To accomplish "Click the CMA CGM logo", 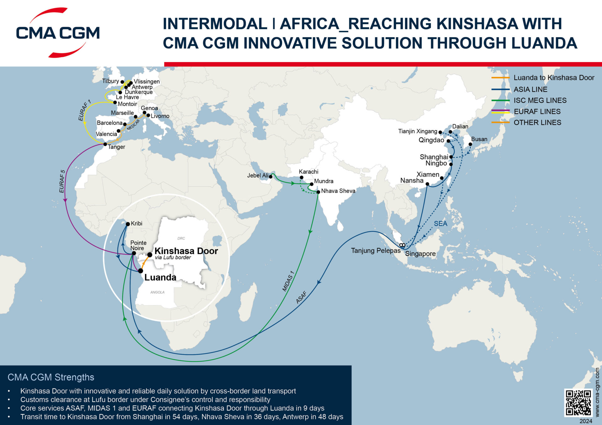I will point(58,33).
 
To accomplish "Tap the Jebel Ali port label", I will point(257,175).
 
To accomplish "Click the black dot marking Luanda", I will point(141,271).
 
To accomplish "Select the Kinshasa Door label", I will point(186,251).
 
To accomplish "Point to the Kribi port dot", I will point(128,224).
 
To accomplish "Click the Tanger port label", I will point(116,147).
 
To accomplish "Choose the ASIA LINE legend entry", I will point(530,90).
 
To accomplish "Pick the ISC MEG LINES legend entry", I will point(540,101).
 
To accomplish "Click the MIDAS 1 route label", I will point(288,281).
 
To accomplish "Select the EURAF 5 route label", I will point(62,181).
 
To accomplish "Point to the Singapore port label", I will point(420,254).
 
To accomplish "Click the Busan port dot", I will point(470,144).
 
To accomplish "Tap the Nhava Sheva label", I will point(338,191).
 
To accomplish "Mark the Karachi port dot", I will point(302,178).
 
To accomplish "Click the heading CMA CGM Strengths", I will point(51,377).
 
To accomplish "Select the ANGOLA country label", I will point(157,292).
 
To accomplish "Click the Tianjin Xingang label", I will point(418,131).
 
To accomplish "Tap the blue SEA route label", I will point(441,224).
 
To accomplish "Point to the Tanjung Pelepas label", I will point(376,251).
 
